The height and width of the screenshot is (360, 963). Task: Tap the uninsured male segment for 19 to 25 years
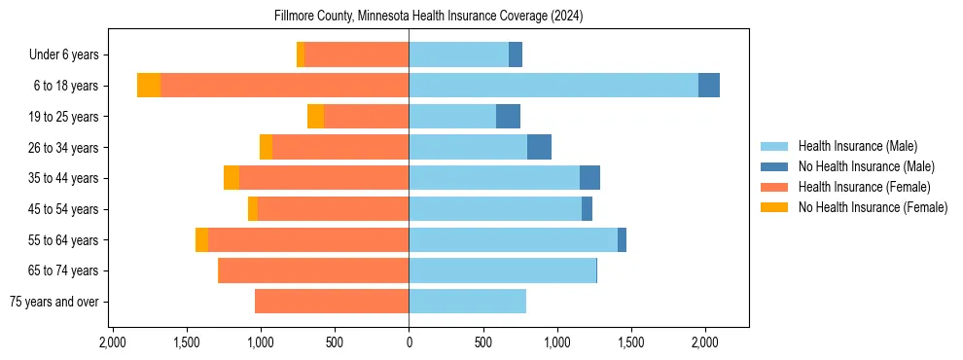tap(508, 117)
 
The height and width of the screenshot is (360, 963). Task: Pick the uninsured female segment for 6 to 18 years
tap(149, 86)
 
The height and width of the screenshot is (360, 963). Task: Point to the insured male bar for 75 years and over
tap(467, 302)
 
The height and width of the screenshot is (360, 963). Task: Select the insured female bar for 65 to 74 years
tap(313, 270)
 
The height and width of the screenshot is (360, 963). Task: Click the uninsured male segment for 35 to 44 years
tap(589, 178)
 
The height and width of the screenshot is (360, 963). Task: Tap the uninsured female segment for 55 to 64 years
tap(201, 240)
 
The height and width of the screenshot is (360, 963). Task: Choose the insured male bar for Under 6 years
tap(458, 54)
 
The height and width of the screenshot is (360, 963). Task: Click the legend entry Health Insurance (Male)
tap(857, 146)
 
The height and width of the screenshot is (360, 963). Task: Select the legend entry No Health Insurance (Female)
tap(873, 207)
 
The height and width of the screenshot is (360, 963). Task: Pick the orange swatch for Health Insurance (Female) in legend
tap(774, 187)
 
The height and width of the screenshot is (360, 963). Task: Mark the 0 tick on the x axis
tap(409, 342)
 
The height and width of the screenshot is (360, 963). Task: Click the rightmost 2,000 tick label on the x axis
tap(705, 342)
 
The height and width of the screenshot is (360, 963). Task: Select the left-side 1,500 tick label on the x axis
tap(187, 342)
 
